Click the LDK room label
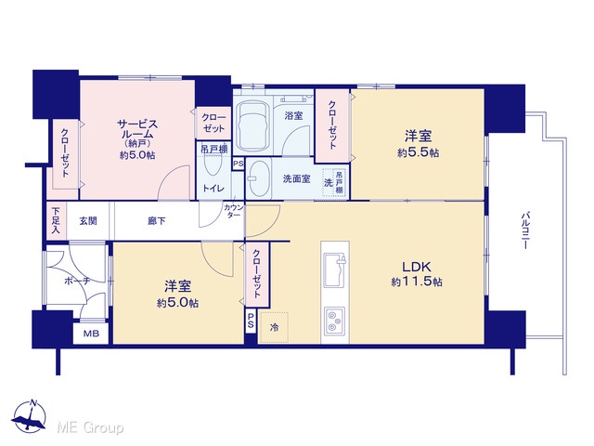[417, 267]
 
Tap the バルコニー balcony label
[525, 230]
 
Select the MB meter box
[91, 334]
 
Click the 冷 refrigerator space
[274, 327]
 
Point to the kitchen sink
[334, 269]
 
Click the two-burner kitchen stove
[334, 321]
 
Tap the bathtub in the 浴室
[252, 126]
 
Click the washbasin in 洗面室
[260, 179]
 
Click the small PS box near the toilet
[239, 164]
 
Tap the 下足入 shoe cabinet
[56, 221]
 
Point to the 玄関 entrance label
[88, 221]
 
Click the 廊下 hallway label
[157, 221]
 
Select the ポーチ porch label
[77, 281]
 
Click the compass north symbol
[29, 416]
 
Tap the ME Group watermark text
[91, 427]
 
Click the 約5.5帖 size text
[419, 152]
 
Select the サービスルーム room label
[137, 129]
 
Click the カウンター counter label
[234, 211]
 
